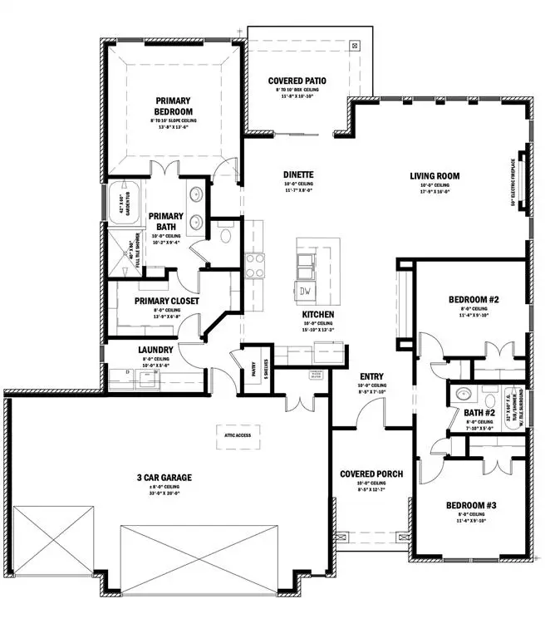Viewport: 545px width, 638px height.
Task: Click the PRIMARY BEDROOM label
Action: pos(173,106)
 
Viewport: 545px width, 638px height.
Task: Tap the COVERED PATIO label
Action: pos(297,81)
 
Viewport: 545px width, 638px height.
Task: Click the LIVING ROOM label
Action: pos(435,175)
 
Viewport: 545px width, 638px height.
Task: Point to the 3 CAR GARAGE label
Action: pos(164,477)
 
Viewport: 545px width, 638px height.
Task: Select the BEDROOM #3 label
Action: pos(471,505)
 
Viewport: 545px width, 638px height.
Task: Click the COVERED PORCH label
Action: pos(371,474)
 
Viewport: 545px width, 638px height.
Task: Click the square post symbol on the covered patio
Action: pos(355,46)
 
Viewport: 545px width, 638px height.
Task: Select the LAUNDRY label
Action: pos(155,350)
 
